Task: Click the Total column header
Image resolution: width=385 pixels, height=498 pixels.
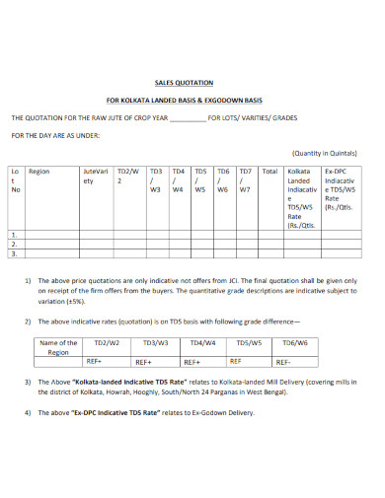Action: coord(269,171)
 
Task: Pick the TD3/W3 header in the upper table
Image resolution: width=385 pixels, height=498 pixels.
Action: coord(154,179)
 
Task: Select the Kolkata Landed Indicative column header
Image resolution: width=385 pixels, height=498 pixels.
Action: coord(300,197)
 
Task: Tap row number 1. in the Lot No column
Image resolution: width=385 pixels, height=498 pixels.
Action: coord(15,234)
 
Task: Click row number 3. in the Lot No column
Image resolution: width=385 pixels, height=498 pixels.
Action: coord(15,252)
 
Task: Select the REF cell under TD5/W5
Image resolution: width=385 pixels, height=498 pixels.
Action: coord(250,361)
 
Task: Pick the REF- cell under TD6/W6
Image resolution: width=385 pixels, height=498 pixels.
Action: coord(295,361)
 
